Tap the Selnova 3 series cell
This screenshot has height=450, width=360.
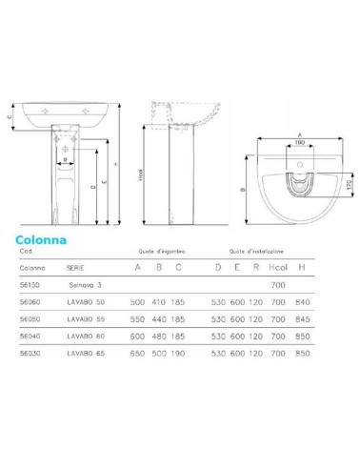(x=85, y=285)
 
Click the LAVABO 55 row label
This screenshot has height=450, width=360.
(x=88, y=319)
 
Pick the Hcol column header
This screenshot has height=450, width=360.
(x=279, y=267)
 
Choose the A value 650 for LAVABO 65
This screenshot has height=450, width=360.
(x=138, y=354)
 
